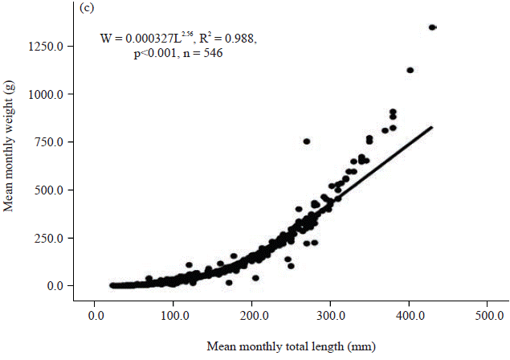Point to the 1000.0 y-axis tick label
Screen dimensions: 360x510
(x=50, y=94)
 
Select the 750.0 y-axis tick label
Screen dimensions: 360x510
(x=53, y=141)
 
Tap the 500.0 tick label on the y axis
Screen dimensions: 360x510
(x=53, y=190)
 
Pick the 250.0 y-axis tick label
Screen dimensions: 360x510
(x=53, y=237)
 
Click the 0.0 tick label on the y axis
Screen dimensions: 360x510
(x=59, y=285)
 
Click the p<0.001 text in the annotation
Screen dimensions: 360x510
(x=156, y=54)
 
